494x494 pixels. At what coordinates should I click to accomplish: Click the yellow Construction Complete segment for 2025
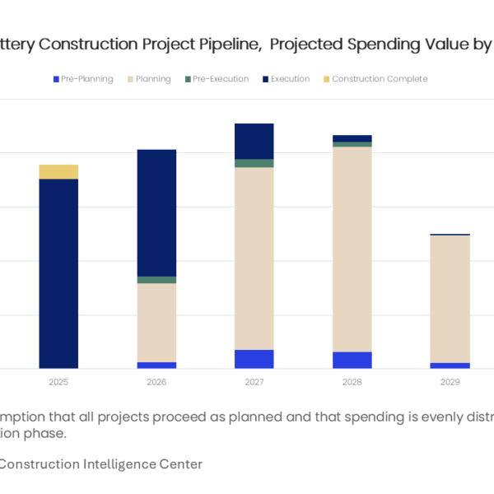58,171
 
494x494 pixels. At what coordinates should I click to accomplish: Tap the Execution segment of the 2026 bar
156,212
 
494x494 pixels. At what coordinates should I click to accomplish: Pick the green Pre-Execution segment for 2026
156,280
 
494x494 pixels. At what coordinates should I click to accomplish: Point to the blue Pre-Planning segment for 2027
254,359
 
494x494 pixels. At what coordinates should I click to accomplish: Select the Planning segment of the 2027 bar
254,259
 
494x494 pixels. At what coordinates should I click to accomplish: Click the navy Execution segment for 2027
254,141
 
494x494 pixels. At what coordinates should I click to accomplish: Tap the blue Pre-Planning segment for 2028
352,360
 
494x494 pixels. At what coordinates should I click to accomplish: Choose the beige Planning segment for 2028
352,249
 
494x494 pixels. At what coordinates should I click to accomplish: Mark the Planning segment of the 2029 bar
450,299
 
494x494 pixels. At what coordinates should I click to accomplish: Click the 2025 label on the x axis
58,383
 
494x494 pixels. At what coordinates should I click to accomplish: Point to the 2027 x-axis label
254,383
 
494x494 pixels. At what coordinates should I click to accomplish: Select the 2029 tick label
450,383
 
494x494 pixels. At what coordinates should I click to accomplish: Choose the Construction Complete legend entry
380,79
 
